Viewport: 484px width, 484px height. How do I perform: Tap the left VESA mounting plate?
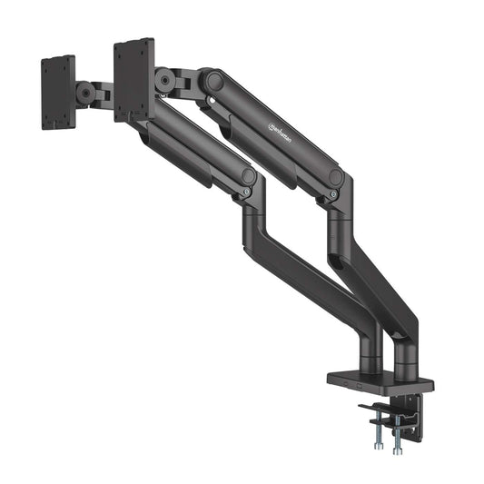pos(59,92)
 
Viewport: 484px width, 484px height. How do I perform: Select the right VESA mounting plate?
pos(133,79)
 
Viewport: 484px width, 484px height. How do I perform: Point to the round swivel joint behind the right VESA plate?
pos(164,82)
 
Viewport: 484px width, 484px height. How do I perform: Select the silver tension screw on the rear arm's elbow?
pos(333,193)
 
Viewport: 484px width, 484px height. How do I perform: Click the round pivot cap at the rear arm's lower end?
pos(336,177)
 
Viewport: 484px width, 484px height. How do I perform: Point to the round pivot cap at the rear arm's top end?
pos(213,80)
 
